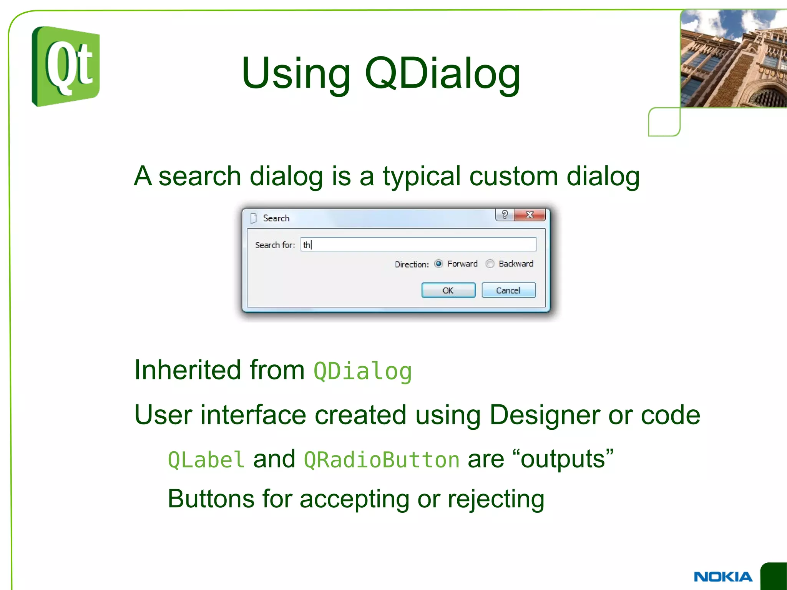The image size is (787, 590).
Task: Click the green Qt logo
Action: coord(66,66)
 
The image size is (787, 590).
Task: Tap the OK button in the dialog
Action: coord(448,290)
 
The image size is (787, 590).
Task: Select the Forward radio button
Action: coord(438,264)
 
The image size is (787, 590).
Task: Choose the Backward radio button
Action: coord(490,264)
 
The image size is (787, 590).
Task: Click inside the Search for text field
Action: coord(419,244)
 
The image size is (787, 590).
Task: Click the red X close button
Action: coord(530,215)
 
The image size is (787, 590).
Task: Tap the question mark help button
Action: coord(505,215)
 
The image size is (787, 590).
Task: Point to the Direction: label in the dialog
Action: coord(412,264)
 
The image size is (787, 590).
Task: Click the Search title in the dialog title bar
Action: coord(276,218)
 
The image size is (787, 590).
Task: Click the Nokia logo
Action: coord(723,577)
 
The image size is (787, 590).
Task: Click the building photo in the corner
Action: coord(733,58)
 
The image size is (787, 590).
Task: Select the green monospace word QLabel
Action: coord(206,460)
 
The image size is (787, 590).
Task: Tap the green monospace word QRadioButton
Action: coord(381,460)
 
